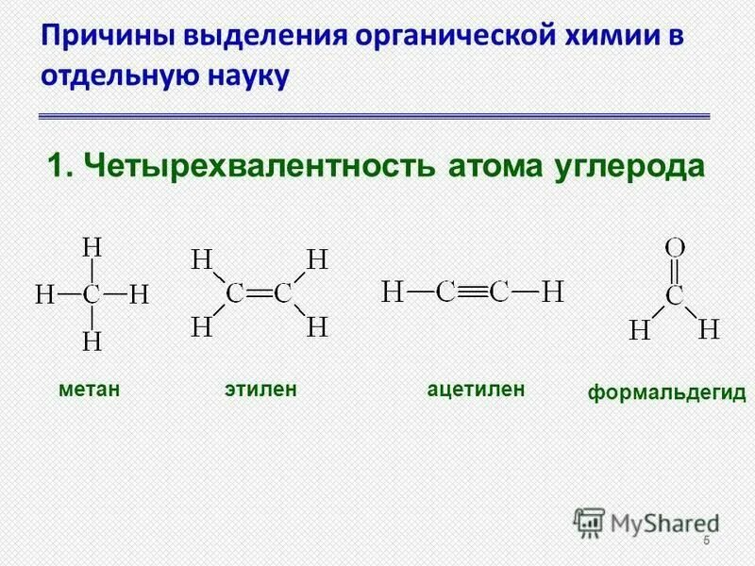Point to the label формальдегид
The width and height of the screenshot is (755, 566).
667,392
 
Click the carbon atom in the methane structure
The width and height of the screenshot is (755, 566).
92,294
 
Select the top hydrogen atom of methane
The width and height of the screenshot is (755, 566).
92,248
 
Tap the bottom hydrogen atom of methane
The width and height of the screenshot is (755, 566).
92,341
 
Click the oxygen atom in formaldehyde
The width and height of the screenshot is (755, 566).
674,248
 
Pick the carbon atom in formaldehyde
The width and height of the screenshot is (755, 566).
674,296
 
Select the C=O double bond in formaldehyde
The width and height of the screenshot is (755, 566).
674,272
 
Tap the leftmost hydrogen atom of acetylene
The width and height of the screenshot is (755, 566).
392,291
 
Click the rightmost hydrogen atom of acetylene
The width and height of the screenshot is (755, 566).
552,291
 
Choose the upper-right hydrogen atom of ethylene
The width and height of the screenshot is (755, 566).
318,258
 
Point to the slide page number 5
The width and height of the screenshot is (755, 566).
706,540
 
